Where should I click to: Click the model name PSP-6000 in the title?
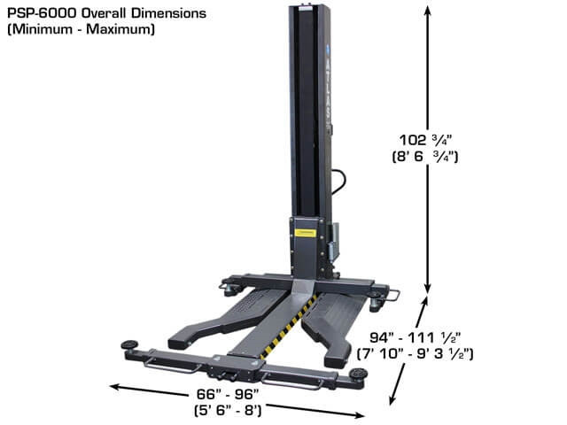[41, 14]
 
